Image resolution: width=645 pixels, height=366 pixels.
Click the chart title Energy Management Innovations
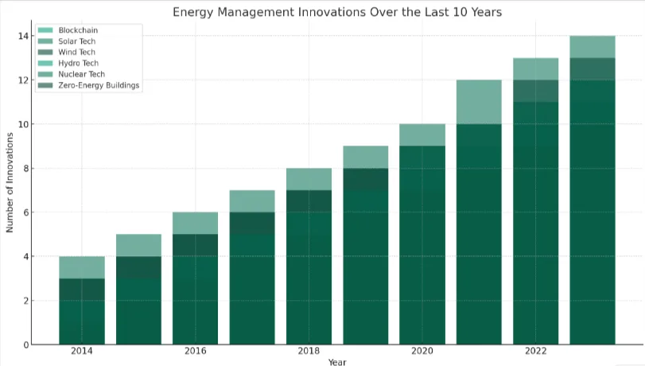coord(337,13)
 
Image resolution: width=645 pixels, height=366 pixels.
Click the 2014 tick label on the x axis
coord(82,352)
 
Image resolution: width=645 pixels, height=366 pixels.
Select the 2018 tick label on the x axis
coord(309,352)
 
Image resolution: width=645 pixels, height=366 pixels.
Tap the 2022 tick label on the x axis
coord(535,352)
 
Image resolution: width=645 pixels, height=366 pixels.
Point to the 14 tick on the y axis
coord(24,37)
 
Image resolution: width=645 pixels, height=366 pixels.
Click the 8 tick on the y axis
coord(26,169)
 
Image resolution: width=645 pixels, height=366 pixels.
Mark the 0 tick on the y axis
coord(26,345)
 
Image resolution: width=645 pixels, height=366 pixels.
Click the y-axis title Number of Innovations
coord(10,190)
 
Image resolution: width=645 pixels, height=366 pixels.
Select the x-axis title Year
coord(337,362)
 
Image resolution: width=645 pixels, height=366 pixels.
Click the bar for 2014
coord(82,302)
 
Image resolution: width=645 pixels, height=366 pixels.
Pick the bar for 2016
coord(196,278)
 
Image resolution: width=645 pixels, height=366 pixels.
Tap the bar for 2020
coord(422,235)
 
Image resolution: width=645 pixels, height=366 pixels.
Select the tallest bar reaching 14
coord(593,191)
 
